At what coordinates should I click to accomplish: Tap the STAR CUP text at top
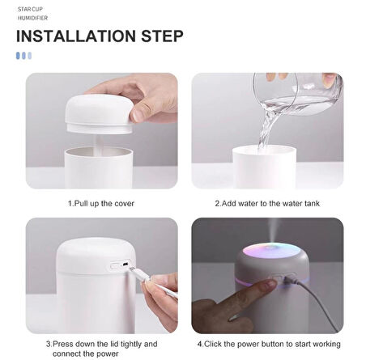[31, 6]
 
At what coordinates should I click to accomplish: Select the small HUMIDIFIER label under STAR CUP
[33, 16]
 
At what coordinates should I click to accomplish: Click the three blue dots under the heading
[24, 55]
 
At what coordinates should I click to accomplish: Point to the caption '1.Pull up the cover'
[101, 203]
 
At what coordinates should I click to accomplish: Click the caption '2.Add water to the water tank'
[266, 203]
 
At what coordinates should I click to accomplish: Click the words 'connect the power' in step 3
[86, 353]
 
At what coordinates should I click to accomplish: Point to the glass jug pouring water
[295, 93]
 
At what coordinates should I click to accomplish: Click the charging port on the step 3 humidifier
[121, 264]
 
